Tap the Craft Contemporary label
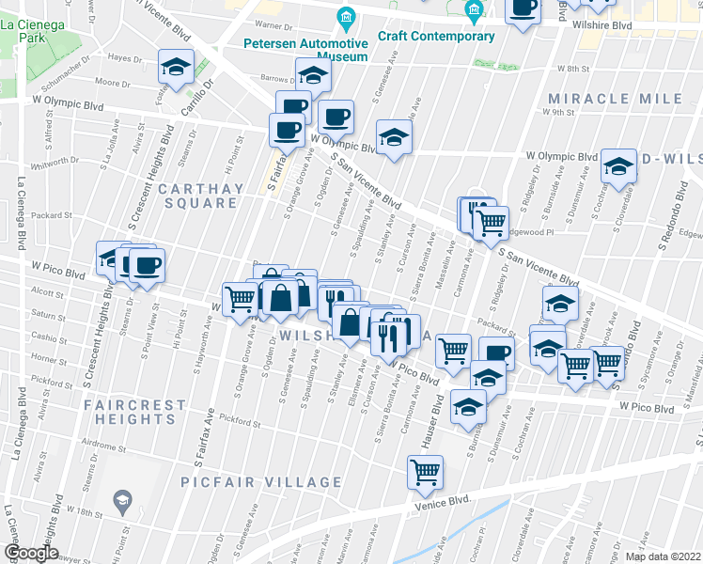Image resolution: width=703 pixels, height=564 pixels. click(x=436, y=37)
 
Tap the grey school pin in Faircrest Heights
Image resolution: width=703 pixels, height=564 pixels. click(x=121, y=502)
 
